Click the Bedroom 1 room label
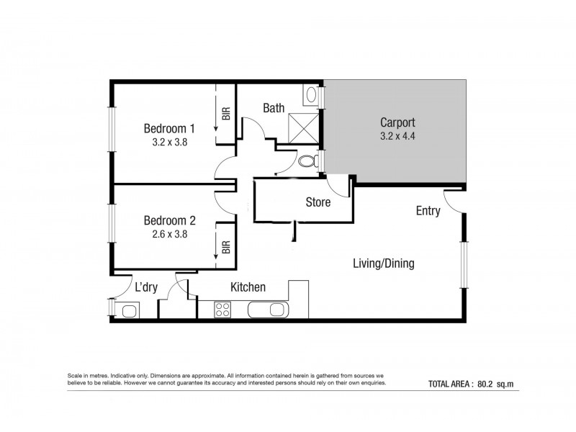[x=169, y=129]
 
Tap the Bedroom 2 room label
[x=169, y=220]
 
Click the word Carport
[x=397, y=122]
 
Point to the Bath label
[x=273, y=108]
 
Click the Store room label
[x=318, y=202]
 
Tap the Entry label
[x=428, y=211]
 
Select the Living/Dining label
[x=383, y=264]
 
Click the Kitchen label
[x=248, y=287]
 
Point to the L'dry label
[x=146, y=287]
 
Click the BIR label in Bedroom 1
[x=225, y=113]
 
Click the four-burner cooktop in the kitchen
[x=222, y=310]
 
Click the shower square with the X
[x=301, y=130]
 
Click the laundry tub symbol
[x=130, y=311]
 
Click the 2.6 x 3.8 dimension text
[x=169, y=233]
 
